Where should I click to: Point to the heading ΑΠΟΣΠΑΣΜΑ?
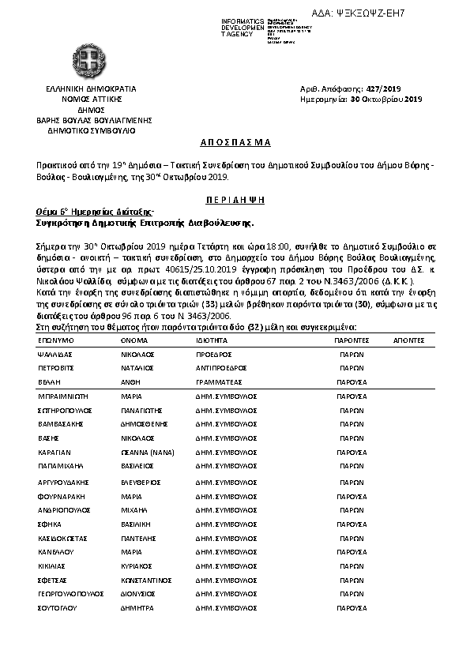pos(234,142)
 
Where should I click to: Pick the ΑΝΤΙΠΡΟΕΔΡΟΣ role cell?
pos(221,368)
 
